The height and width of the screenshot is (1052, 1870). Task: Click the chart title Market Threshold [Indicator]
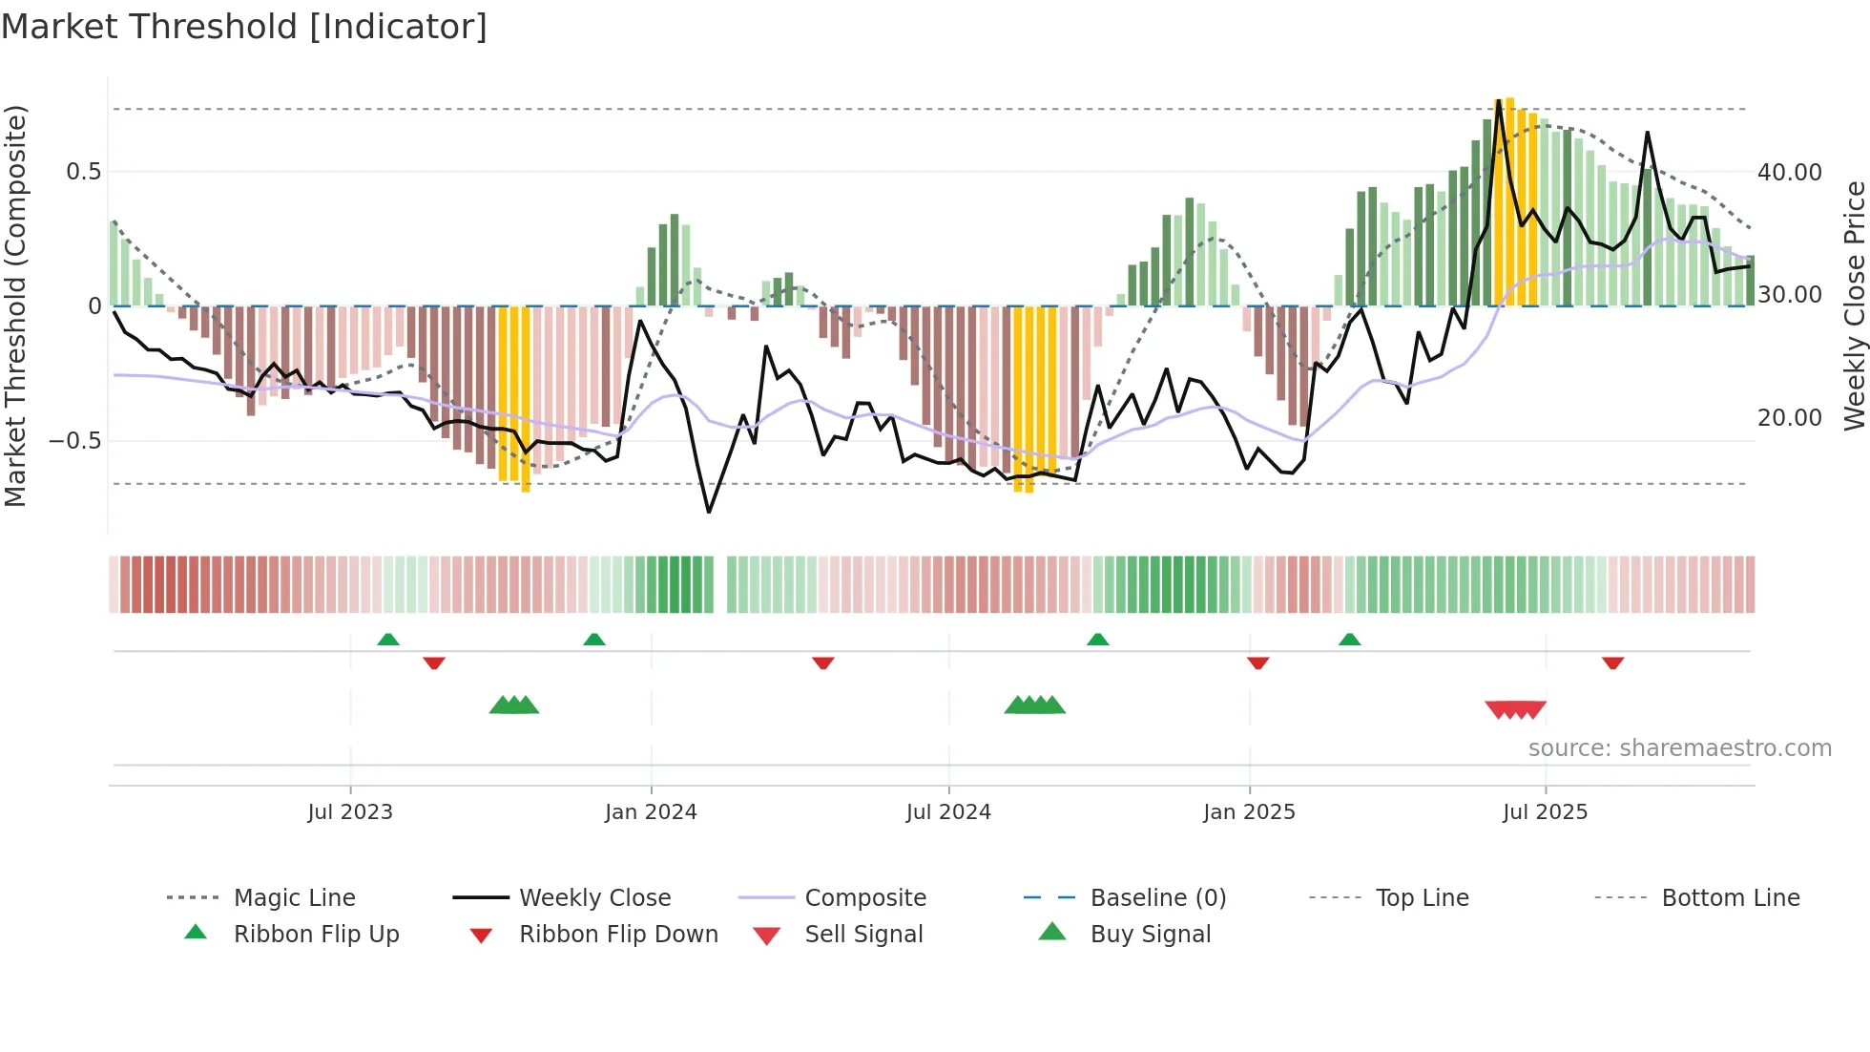244,27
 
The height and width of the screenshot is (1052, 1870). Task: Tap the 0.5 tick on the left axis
83,172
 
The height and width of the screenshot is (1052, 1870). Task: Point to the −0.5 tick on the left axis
75,441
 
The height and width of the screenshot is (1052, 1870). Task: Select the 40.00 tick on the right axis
1790,173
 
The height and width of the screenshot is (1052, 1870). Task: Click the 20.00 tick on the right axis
1790,418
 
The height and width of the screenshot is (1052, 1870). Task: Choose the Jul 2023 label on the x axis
350,812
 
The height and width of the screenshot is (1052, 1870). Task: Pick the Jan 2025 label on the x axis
1249,812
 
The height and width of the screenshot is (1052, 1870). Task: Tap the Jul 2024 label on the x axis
948,812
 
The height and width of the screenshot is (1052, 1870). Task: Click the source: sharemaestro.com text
1679,748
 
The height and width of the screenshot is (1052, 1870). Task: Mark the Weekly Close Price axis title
1854,305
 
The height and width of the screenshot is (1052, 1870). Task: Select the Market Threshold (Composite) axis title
15,305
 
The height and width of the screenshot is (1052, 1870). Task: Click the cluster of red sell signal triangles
1515,709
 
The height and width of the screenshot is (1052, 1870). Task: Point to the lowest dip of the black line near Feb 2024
709,512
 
